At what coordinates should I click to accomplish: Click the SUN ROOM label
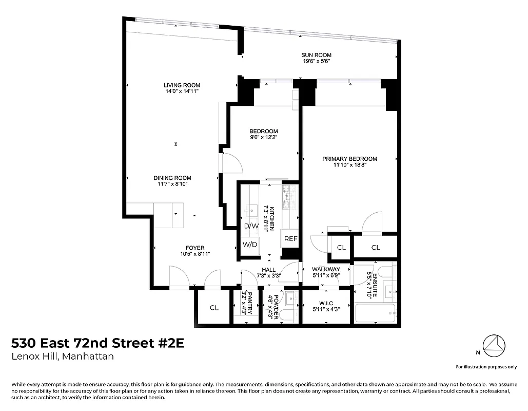click(316, 55)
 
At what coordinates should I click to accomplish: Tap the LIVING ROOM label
click(182, 85)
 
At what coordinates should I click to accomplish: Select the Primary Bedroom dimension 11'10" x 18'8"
click(349, 165)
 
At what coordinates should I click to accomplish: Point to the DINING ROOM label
click(172, 178)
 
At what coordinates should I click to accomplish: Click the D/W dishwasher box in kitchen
click(251, 226)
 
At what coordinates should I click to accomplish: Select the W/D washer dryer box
click(250, 244)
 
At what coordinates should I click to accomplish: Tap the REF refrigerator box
click(290, 239)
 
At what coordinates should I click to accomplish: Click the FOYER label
click(195, 248)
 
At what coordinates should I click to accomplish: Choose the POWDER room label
click(275, 307)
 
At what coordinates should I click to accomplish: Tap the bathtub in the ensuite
click(375, 312)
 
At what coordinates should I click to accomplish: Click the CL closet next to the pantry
click(214, 308)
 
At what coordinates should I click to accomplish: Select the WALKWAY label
click(326, 269)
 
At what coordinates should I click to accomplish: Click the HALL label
click(268, 269)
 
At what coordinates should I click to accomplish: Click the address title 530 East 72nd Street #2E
click(97, 343)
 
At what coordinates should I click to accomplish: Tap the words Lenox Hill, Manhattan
click(63, 357)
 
